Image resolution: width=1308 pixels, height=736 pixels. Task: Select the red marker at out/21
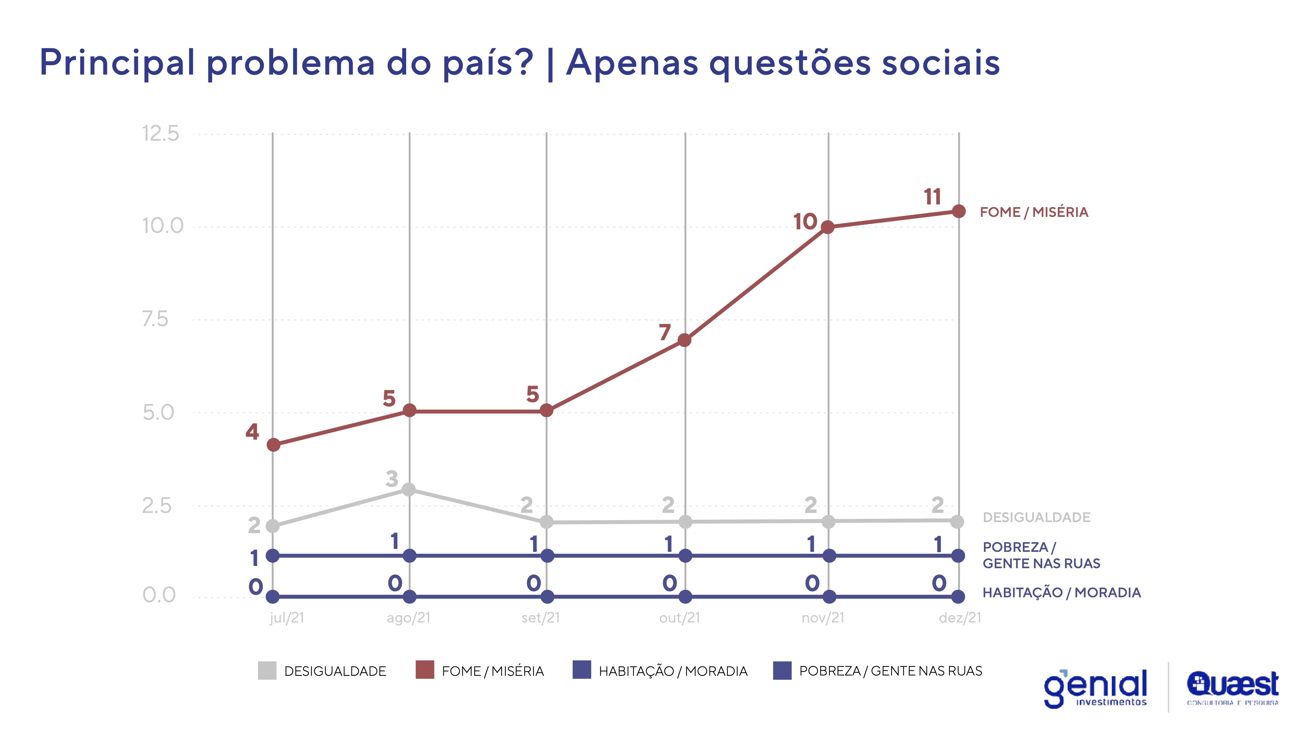pos(684,340)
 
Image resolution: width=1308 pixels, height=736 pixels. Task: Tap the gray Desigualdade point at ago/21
pos(409,490)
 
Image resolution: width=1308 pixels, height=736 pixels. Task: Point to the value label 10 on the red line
pos(805,221)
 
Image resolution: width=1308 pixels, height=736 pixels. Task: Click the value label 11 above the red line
pos(932,197)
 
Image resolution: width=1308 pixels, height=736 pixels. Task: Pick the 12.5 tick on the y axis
pos(161,133)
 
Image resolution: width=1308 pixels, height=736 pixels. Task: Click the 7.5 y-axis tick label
pos(155,319)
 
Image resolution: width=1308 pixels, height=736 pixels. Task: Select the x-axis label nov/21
pos(823,618)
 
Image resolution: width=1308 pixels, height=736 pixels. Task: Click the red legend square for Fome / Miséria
pos(424,670)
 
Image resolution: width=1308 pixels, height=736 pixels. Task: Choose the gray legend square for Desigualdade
pos(267,670)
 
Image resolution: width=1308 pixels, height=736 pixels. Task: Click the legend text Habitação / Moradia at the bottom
pos(673,671)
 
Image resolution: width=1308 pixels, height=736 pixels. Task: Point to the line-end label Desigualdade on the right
pos(1036,517)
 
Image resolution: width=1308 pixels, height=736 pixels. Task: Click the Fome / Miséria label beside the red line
pos(1034,212)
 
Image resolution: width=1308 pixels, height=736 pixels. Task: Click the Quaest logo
pos(1232,687)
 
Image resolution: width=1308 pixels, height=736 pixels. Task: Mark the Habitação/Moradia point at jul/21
pos(273,596)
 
